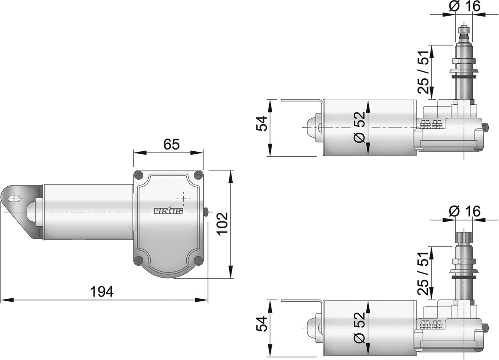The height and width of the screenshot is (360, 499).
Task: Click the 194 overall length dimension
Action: click(x=101, y=291)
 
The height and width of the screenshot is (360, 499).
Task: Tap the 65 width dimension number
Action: click(x=171, y=144)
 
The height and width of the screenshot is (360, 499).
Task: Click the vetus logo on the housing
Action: click(x=169, y=211)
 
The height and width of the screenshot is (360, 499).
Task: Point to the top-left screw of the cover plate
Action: click(x=140, y=175)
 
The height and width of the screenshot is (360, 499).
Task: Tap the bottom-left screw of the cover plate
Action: click(x=139, y=260)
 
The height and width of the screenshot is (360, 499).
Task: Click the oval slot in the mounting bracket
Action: click(x=15, y=199)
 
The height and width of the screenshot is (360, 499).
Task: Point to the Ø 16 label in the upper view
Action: click(x=464, y=7)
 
